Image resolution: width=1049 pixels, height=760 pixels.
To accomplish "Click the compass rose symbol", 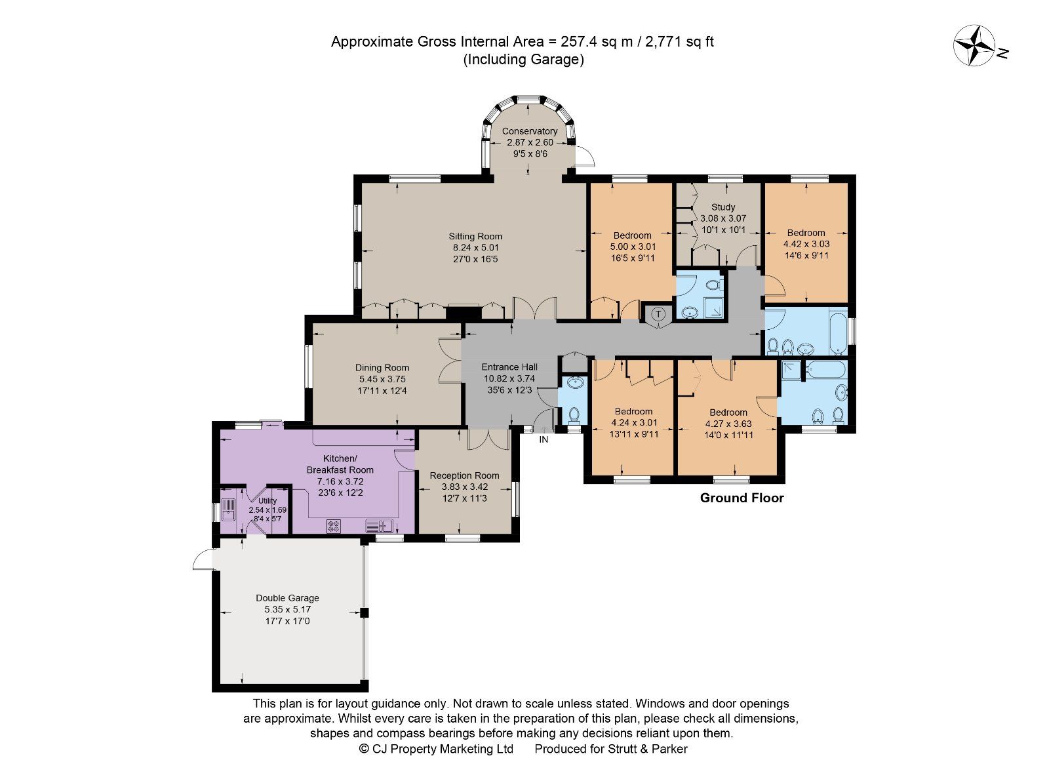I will [975, 45].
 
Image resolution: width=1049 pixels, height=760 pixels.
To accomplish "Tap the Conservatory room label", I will [530, 131].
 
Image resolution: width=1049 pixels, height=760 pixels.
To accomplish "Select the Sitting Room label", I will [475, 236].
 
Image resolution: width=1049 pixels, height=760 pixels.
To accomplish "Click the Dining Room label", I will [382, 367].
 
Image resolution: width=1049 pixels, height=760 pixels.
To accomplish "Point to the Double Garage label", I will [287, 597].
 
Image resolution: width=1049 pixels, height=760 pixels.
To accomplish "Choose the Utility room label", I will [267, 500].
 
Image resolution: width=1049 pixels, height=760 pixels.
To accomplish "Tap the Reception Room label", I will [464, 475].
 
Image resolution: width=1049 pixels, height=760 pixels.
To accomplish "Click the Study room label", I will [723, 207].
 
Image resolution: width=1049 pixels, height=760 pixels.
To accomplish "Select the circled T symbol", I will [658, 315].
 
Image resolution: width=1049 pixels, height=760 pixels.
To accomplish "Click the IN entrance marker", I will [544, 439].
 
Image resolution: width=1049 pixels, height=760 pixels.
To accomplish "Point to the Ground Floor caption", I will [742, 498].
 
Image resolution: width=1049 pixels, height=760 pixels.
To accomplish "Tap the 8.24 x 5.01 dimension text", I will [475, 248].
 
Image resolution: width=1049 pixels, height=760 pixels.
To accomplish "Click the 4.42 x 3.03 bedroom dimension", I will [806, 244].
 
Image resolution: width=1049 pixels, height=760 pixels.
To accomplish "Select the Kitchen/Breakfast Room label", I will [340, 464].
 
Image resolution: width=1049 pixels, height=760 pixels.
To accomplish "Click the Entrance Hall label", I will [509, 367].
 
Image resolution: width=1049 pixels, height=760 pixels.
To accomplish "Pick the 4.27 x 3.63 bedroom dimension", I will [728, 424].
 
